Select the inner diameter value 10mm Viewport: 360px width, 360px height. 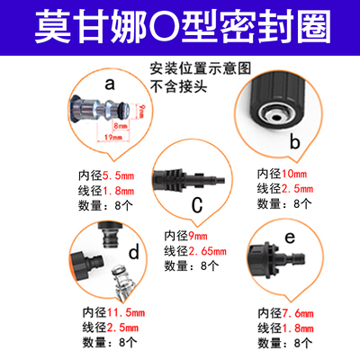[291, 172]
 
